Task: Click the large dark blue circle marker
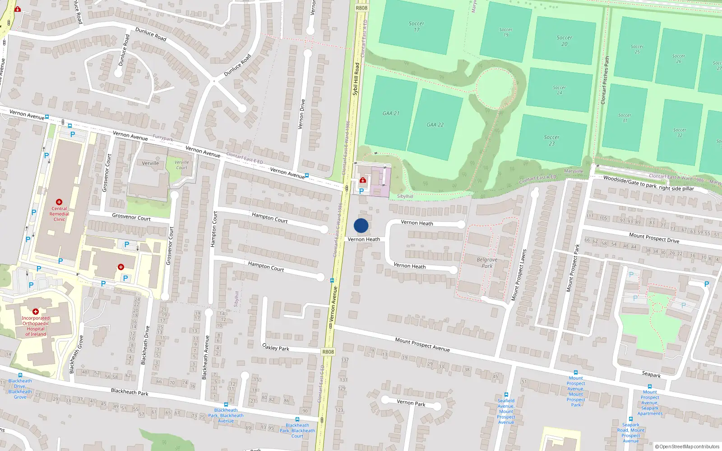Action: [361, 225]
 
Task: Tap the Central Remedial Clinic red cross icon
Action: [59, 202]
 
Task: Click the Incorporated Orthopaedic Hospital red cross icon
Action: [36, 312]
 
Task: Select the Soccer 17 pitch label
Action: [416, 27]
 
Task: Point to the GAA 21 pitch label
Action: [391, 113]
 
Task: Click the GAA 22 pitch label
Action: [435, 125]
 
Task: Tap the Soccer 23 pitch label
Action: [551, 140]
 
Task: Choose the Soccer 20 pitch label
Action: [564, 41]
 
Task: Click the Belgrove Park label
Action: [487, 263]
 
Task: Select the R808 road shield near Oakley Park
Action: [328, 352]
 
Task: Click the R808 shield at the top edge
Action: [361, 8]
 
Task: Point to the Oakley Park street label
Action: [276, 347]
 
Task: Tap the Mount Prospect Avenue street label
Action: [422, 344]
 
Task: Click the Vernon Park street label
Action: [411, 402]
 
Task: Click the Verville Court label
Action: [181, 165]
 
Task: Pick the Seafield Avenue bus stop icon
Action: [506, 395]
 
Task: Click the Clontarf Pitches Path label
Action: [605, 80]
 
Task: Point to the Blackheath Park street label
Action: [130, 391]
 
